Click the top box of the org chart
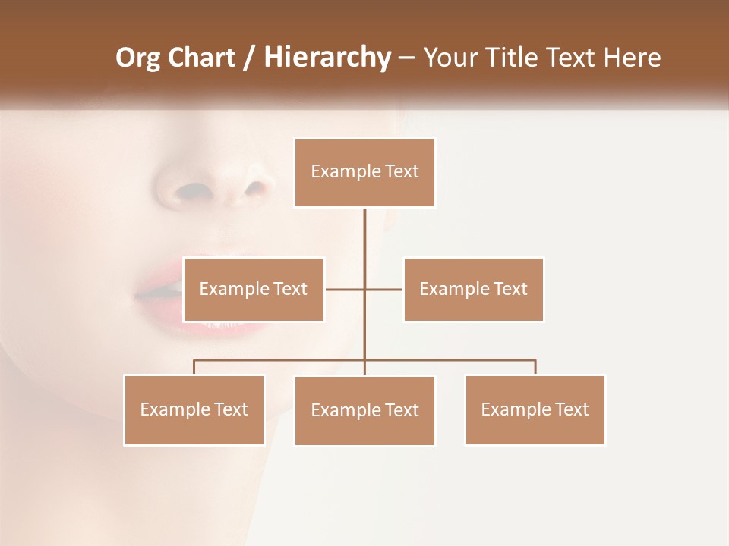364,172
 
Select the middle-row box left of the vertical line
254,289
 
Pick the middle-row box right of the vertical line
473,289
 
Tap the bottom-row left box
194,409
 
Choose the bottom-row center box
364,410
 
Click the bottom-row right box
535,409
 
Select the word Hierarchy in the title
327,58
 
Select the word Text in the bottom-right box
571,409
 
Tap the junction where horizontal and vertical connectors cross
364,289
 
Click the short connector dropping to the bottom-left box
194,367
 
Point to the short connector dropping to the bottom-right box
535,367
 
